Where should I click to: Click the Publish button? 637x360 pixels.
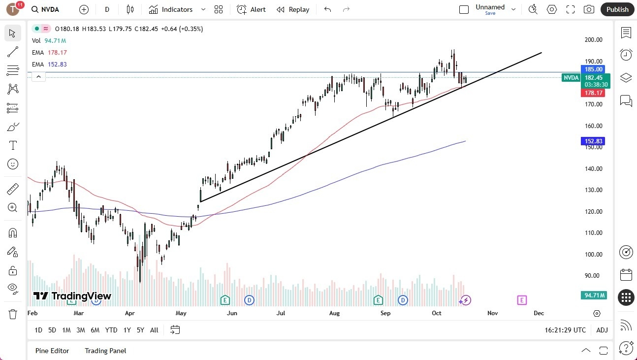click(617, 9)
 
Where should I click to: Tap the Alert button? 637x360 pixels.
click(251, 9)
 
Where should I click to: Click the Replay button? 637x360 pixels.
click(293, 9)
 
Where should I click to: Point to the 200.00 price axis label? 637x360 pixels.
click(593, 40)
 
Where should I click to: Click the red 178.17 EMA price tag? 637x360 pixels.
click(594, 93)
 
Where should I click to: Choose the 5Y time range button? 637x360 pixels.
click(141, 330)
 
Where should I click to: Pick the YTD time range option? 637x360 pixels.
click(111, 330)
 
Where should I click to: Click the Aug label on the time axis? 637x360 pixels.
click(334, 313)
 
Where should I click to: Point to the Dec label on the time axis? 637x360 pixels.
click(539, 313)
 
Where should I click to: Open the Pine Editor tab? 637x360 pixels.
click(52, 351)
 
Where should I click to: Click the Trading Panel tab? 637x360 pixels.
click(105, 351)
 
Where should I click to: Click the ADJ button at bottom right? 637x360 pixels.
click(602, 330)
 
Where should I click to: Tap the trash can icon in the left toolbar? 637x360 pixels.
click(13, 314)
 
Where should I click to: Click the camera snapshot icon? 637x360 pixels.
click(588, 9)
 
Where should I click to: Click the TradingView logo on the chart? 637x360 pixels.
click(72, 296)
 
